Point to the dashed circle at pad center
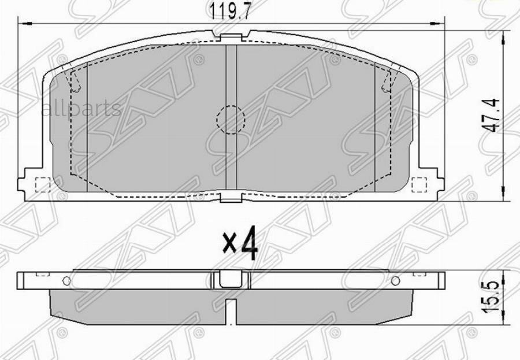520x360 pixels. [231, 120]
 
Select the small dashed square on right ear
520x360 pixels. [419, 184]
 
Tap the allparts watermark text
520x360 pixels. [81, 108]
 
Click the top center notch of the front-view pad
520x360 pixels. [231, 38]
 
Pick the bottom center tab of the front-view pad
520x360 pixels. [231, 200]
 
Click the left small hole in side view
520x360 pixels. [66, 281]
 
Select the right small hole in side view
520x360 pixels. [396, 281]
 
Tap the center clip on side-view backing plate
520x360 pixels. [231, 279]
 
